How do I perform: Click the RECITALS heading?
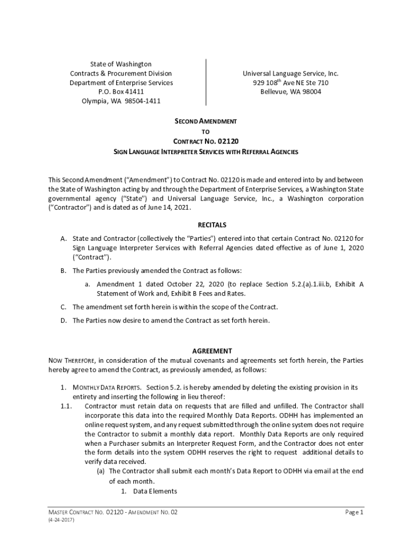click(206, 225)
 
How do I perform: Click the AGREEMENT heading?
click(206, 351)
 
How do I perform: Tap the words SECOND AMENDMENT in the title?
click(206, 121)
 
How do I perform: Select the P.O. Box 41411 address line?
click(121, 92)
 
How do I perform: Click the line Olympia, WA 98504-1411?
click(121, 101)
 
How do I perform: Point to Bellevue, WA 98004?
click(291, 92)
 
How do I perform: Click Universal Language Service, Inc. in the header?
click(291, 73)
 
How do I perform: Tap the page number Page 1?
click(354, 512)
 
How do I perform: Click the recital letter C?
click(63, 307)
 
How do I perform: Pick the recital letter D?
click(63, 321)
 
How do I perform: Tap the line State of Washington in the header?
click(121, 64)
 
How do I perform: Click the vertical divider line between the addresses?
click(206, 82)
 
